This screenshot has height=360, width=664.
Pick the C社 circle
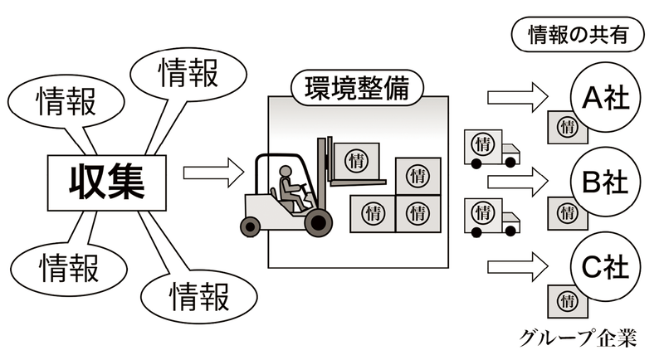tap(605, 269)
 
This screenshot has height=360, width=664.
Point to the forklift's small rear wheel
tap(250, 224)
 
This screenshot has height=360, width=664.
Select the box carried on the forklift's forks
tap(356, 158)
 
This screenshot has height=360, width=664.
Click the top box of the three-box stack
tap(417, 175)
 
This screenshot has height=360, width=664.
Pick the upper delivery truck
tap(490, 148)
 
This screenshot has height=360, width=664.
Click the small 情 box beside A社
tap(568, 126)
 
